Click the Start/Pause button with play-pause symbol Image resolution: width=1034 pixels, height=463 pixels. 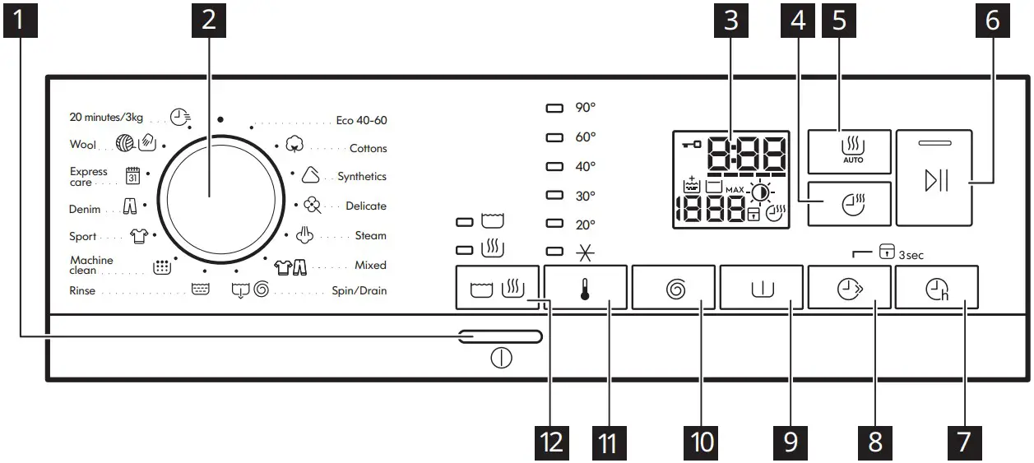coord(934,178)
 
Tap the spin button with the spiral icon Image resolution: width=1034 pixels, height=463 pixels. coord(673,288)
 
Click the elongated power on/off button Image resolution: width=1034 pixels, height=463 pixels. coord(501,336)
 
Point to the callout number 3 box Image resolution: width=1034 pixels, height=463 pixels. coord(730,20)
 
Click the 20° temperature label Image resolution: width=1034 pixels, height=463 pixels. coord(585,225)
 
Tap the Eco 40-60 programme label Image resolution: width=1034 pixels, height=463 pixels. coord(361,120)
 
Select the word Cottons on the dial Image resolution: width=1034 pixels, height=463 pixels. coord(368,149)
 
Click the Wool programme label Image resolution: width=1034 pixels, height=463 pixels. coord(83,145)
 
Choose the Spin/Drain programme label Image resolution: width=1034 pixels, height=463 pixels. coord(359,291)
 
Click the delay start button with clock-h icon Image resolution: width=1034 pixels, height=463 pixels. coord(937,288)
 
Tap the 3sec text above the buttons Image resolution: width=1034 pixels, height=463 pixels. coord(911,255)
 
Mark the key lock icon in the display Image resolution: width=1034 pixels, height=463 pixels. coord(691,146)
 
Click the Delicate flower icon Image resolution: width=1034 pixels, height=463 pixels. coord(311,206)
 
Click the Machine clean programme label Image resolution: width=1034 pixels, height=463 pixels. coord(91,266)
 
